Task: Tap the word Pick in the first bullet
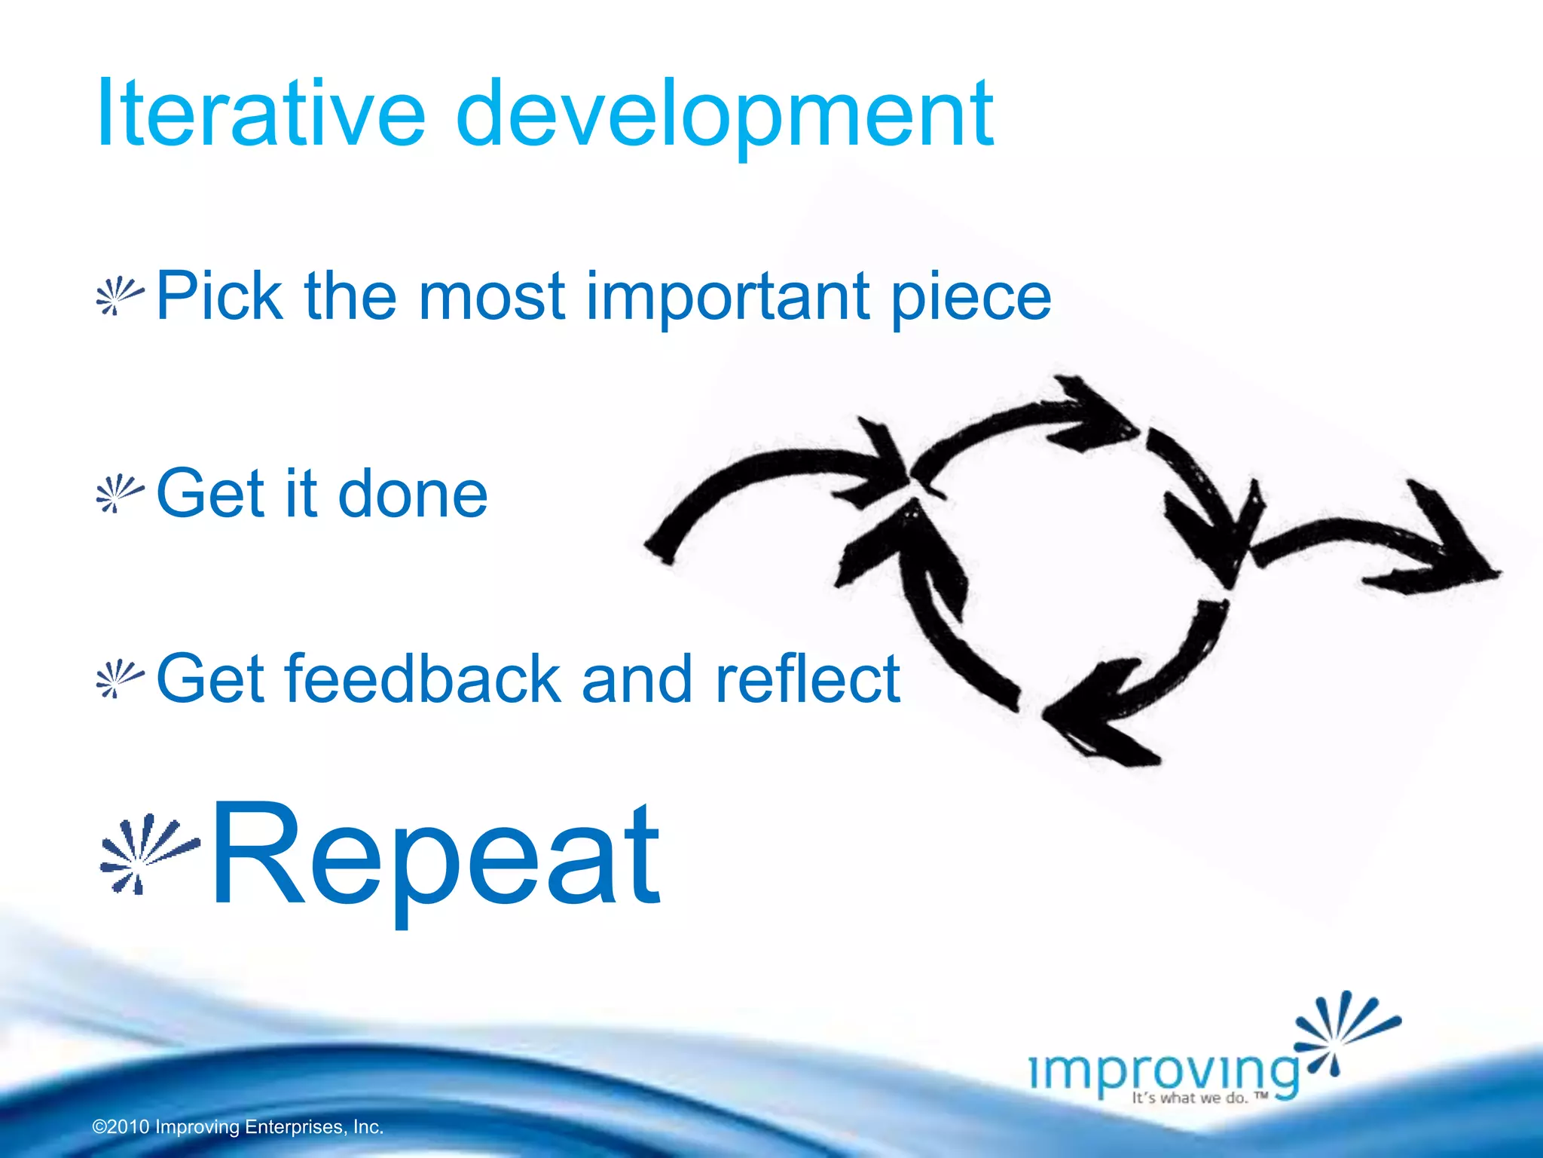pos(219,296)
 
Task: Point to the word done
pos(412,494)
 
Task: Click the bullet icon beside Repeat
pos(148,852)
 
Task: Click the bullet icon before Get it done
pos(119,494)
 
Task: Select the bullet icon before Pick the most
pos(119,296)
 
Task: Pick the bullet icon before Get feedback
pos(119,679)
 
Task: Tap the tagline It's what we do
pos(1198,1098)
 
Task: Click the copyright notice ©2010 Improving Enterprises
pos(238,1127)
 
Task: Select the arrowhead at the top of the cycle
pos(1092,415)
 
